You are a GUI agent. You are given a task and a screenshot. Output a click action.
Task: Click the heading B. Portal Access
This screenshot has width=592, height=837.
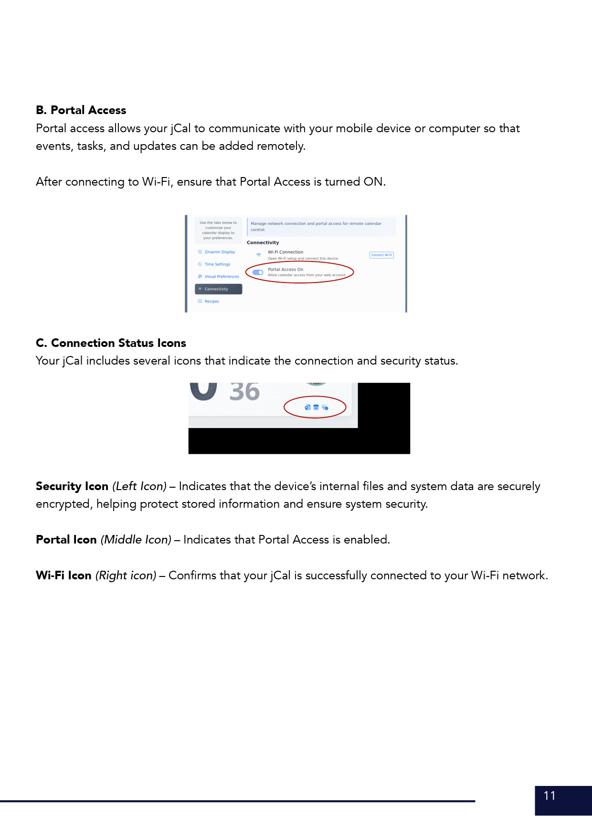coord(81,110)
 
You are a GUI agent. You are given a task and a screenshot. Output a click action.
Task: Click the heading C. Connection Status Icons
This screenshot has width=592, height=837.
coord(111,343)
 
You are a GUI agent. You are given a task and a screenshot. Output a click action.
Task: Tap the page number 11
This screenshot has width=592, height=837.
coord(550,795)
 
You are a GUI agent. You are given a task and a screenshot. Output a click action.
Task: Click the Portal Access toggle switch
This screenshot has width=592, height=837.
coord(258,272)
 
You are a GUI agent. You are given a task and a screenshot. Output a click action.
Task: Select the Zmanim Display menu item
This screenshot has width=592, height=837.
coord(220,252)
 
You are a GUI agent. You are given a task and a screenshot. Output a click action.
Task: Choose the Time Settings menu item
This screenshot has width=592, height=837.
coord(217,264)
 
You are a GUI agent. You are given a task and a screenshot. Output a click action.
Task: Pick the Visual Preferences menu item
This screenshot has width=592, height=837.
coord(222,277)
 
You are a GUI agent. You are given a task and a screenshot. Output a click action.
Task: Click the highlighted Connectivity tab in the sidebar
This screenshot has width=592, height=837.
coord(218,289)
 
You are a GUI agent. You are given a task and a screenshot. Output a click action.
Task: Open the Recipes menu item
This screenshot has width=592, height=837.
coord(211,302)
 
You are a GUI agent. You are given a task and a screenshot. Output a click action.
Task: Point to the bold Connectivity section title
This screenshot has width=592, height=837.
coord(263,243)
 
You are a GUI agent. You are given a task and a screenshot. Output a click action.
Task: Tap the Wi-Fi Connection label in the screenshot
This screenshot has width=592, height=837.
coord(285,252)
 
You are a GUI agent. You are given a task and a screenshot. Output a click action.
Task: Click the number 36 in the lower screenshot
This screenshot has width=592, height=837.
coord(244,392)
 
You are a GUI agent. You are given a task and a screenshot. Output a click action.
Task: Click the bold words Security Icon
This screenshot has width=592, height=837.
coord(72,486)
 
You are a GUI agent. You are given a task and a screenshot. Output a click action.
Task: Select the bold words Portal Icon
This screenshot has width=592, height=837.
coord(66,540)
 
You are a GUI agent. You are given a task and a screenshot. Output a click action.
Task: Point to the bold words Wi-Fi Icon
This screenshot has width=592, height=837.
coord(63,575)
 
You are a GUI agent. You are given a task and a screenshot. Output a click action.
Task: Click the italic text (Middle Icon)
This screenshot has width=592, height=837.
coord(136,540)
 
